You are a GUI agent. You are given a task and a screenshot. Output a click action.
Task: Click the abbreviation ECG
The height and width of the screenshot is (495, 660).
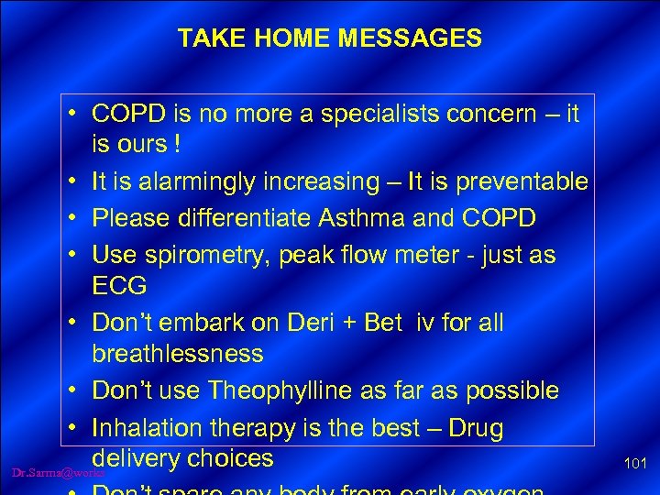tap(119, 285)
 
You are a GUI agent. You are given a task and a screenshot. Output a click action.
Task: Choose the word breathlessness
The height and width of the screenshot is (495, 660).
tap(178, 353)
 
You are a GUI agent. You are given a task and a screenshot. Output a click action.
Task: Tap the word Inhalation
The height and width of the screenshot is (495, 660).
tap(151, 428)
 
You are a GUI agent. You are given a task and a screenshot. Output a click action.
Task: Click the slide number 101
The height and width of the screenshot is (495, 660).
tap(634, 465)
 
